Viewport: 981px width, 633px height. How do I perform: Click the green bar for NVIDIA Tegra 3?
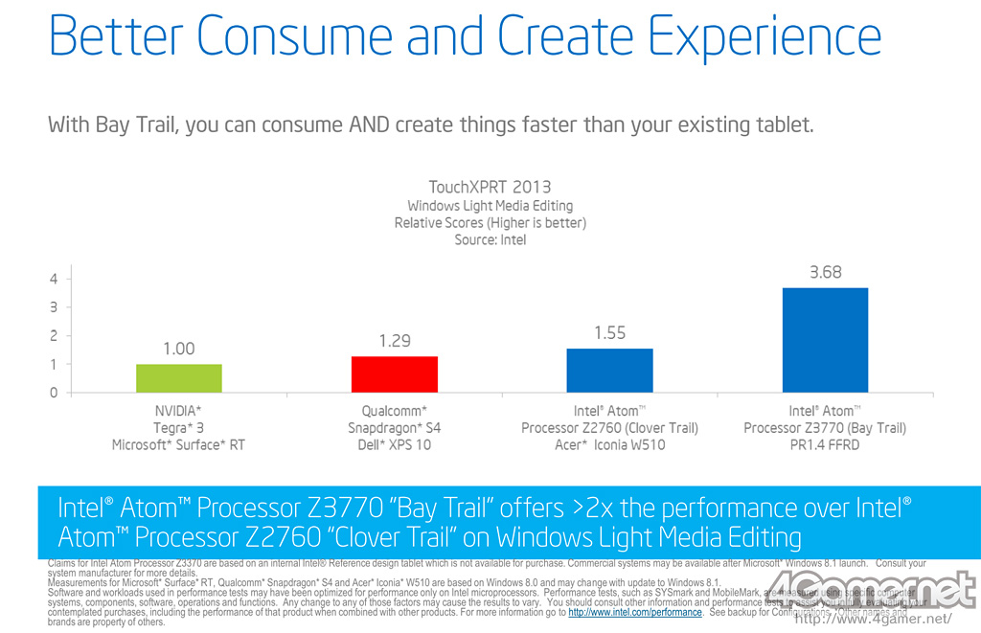[179, 378]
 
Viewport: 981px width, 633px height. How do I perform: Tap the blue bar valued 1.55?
[609, 371]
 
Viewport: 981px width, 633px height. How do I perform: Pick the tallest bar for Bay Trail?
[825, 340]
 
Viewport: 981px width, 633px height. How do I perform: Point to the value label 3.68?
[825, 272]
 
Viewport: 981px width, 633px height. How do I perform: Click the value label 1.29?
[394, 341]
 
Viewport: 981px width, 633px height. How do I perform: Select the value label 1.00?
[179, 349]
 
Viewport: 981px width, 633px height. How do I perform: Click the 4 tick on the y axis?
[55, 279]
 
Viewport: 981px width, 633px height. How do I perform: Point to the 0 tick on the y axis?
[55, 393]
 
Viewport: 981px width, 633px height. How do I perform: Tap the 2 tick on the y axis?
[55, 336]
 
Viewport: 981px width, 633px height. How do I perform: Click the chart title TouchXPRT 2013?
[490, 188]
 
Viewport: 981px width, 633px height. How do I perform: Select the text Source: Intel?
[490, 239]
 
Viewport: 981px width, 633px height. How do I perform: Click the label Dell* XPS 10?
[394, 445]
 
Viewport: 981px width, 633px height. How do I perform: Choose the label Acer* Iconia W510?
[609, 445]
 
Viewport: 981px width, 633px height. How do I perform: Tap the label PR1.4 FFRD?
[825, 445]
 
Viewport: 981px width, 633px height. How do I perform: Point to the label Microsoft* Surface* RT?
[179, 445]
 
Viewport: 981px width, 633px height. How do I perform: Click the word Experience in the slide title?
[764, 39]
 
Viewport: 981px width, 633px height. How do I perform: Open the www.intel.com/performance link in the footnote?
[634, 612]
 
